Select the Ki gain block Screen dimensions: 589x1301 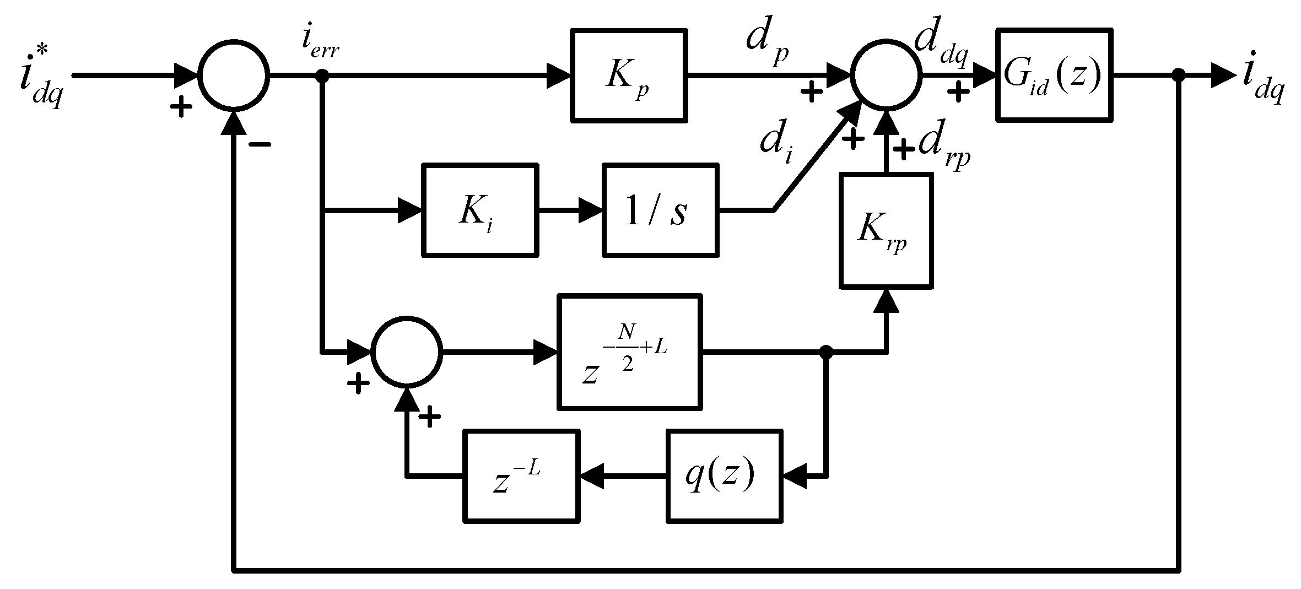coord(479,210)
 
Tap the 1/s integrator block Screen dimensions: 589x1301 coord(660,210)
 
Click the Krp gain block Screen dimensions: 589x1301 coord(886,230)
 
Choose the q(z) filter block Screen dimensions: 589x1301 coord(724,476)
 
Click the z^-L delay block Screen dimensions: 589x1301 coord(521,476)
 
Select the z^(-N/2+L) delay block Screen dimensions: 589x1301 coord(630,352)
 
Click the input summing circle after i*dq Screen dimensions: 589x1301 coord(234,75)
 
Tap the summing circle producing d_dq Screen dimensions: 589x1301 coord(886,75)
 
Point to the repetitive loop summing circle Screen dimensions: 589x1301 coord(407,351)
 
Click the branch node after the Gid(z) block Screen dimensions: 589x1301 coord(1178,75)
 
